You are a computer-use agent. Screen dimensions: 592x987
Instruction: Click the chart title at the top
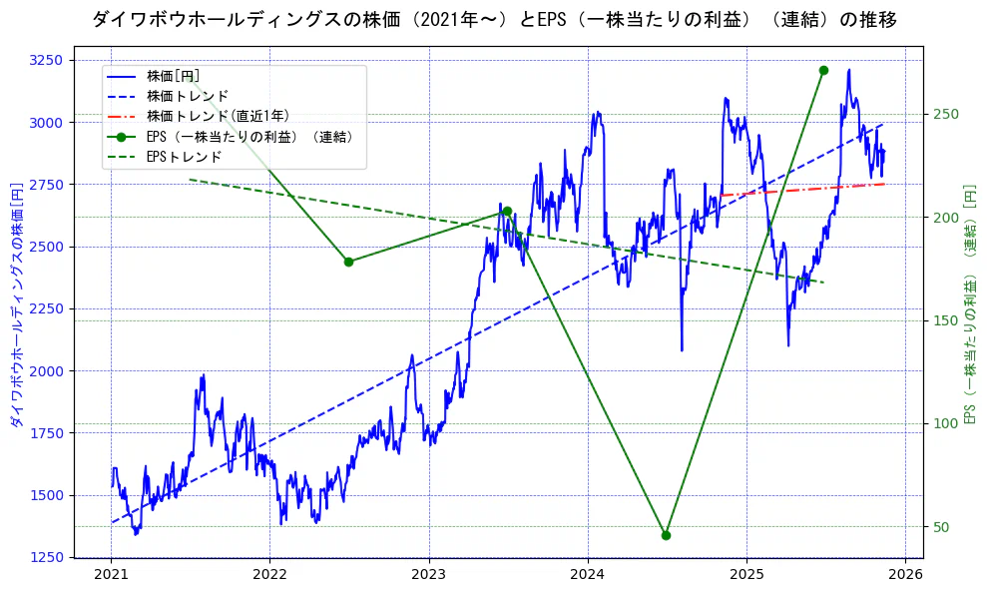coord(493,19)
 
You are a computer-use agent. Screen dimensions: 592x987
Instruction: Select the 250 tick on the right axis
coord(945,114)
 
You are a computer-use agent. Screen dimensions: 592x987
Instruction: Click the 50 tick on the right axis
coord(941,527)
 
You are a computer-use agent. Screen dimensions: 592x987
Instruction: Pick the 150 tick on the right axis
coord(945,320)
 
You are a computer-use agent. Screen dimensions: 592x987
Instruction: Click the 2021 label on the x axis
coord(111,575)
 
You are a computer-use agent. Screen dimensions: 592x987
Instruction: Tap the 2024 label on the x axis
coord(588,575)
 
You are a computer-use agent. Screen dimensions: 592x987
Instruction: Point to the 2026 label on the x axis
coord(905,575)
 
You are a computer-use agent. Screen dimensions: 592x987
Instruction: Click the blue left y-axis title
coord(16,304)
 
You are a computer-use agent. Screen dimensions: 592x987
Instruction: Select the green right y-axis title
coord(969,304)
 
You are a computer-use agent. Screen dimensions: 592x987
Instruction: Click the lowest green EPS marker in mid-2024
coord(666,535)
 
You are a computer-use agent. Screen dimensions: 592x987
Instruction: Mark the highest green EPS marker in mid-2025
coord(823,70)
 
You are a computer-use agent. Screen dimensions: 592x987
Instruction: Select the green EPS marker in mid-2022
coord(348,262)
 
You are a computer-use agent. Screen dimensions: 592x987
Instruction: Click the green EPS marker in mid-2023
coord(507,211)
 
